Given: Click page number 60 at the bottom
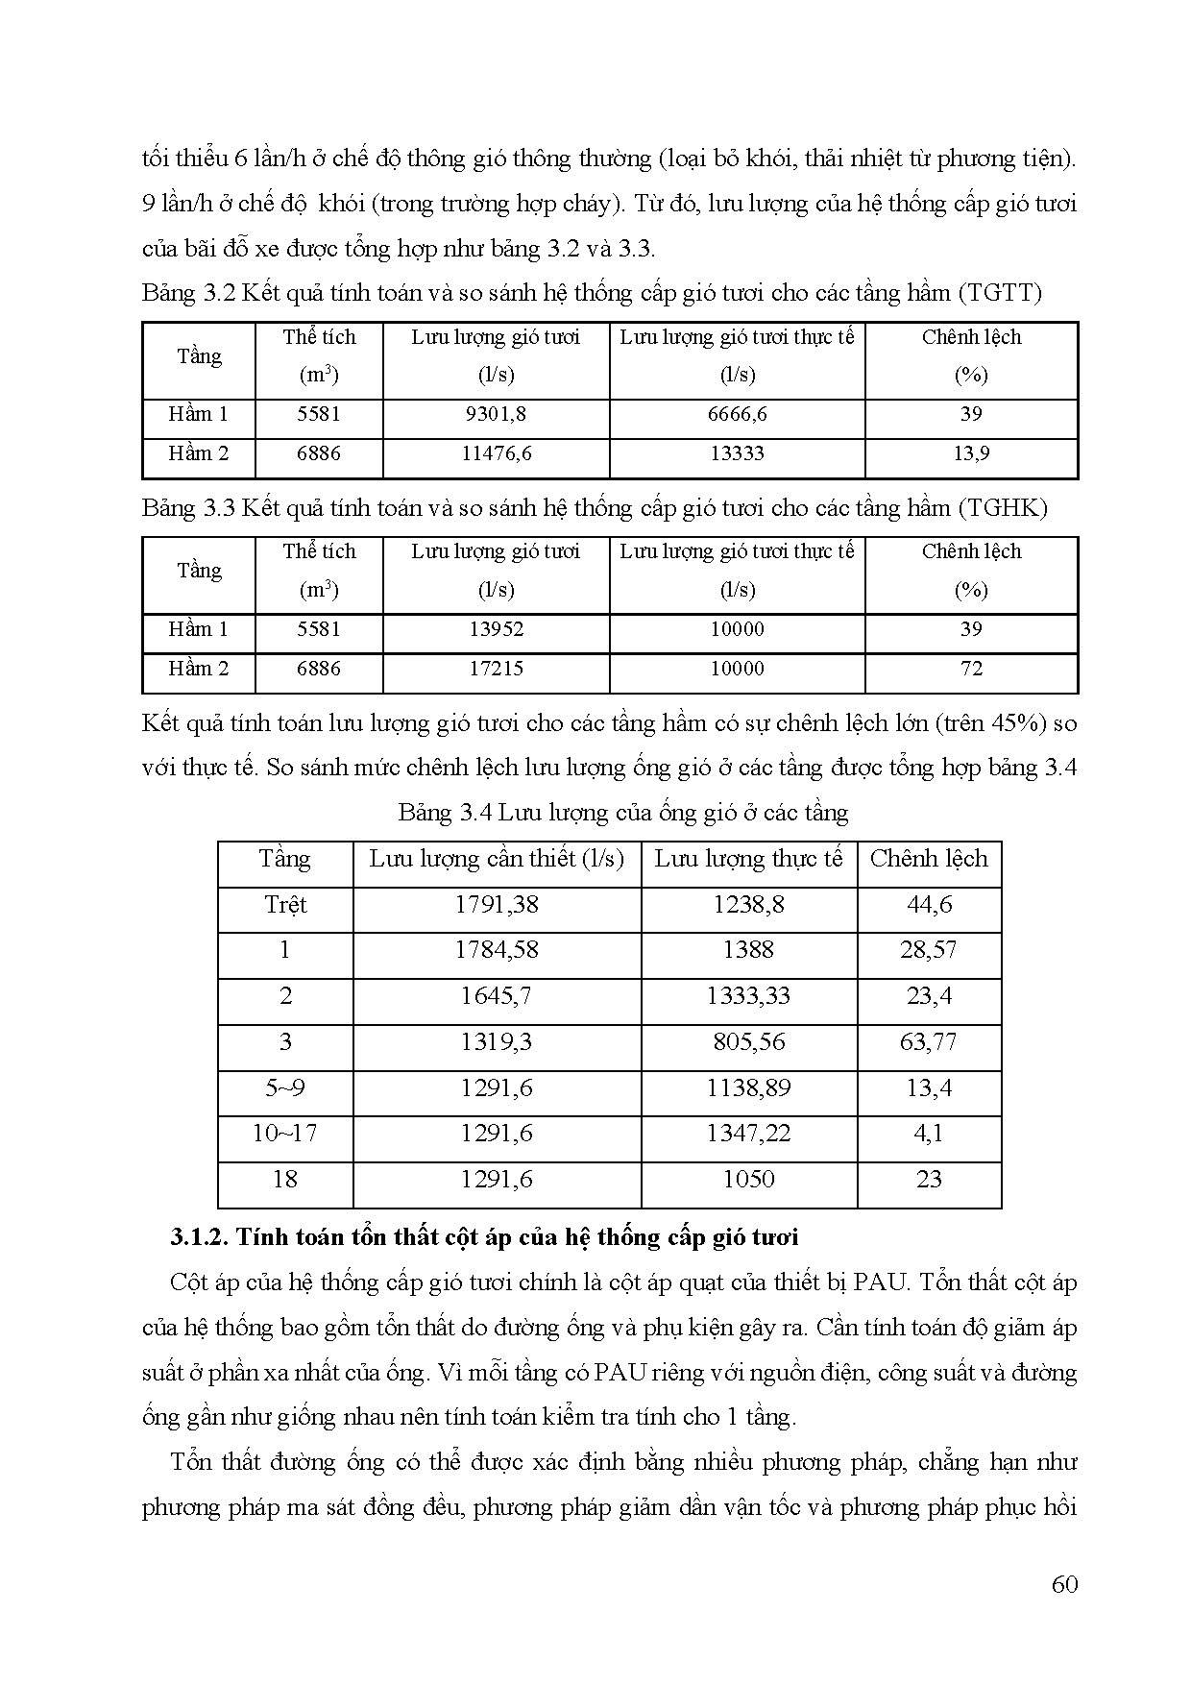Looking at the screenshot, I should (x=1064, y=1584).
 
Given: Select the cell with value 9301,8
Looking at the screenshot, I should (x=496, y=415).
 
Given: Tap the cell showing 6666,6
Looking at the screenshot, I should (x=737, y=415).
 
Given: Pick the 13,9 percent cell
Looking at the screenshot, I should (x=971, y=454).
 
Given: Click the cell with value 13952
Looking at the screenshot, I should (x=496, y=630).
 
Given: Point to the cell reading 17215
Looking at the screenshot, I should (x=496, y=670).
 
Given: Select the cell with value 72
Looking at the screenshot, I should (x=971, y=670).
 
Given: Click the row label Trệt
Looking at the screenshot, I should (x=285, y=905).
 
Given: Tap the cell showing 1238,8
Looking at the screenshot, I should (x=748, y=905).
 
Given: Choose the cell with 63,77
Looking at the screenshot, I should (x=929, y=1042).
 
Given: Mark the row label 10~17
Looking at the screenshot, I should (x=285, y=1134).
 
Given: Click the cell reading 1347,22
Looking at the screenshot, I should (x=748, y=1134).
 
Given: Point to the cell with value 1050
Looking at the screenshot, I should (x=748, y=1180).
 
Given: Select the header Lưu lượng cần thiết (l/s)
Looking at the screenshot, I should (x=497, y=859).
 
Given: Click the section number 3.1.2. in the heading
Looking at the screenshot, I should (x=198, y=1237).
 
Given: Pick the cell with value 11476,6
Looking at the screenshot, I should (x=496, y=454).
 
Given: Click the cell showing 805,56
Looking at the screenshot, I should (x=748, y=1042).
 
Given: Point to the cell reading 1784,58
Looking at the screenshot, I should (x=497, y=950).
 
